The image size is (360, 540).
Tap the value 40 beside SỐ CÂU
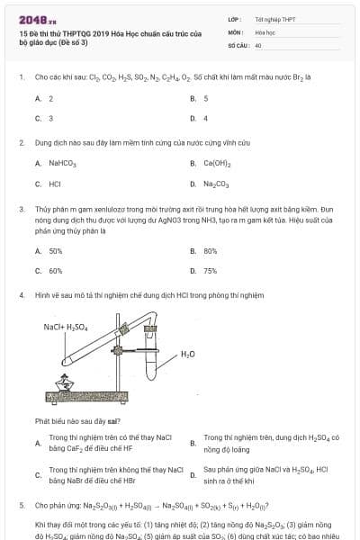(258, 44)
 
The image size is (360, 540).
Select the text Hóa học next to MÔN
(263, 31)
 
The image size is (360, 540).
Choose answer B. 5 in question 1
(205, 98)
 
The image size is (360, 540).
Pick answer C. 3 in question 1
(50, 118)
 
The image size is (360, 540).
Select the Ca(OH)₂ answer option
(217, 163)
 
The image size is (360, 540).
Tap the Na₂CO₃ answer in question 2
(216, 183)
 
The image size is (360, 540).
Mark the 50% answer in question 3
(55, 250)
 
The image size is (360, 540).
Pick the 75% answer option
(210, 270)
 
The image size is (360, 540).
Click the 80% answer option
(210, 250)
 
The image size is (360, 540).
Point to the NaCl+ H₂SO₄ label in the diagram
(66, 327)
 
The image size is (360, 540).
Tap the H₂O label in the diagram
(187, 354)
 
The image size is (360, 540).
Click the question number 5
(21, 505)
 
